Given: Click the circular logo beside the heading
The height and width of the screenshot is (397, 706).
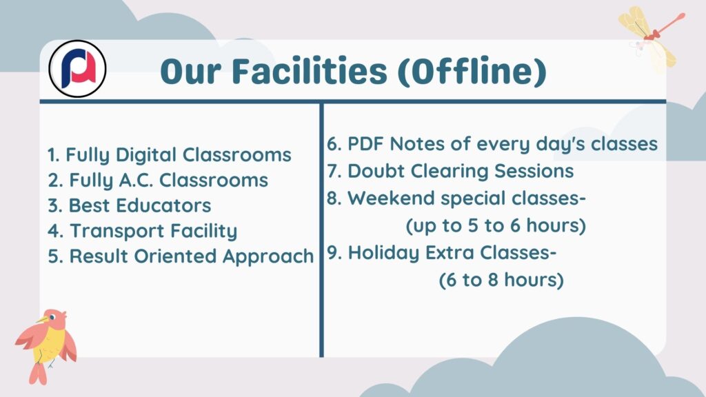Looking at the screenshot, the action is tap(77, 69).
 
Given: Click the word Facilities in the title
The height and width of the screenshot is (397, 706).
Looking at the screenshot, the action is tap(310, 71).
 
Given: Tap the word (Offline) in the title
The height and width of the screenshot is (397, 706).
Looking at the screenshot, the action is tap(472, 72).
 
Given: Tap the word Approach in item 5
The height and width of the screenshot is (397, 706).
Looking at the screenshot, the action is tap(268, 256).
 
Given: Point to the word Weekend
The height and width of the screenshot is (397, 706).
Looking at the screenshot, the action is tap(390, 198).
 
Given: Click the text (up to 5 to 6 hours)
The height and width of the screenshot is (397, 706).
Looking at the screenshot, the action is tap(496, 225).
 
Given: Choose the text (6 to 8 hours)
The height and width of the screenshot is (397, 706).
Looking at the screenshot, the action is tap(501, 280).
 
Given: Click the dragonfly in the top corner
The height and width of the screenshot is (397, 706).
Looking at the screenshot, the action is tap(651, 37).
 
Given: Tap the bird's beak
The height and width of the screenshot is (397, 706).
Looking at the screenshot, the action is tap(42, 320).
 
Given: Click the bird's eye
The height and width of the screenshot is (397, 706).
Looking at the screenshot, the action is tap(52, 317).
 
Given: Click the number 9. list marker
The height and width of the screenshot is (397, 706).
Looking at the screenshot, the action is tap(334, 253).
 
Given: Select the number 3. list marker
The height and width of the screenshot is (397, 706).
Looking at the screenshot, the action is tap(55, 205).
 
